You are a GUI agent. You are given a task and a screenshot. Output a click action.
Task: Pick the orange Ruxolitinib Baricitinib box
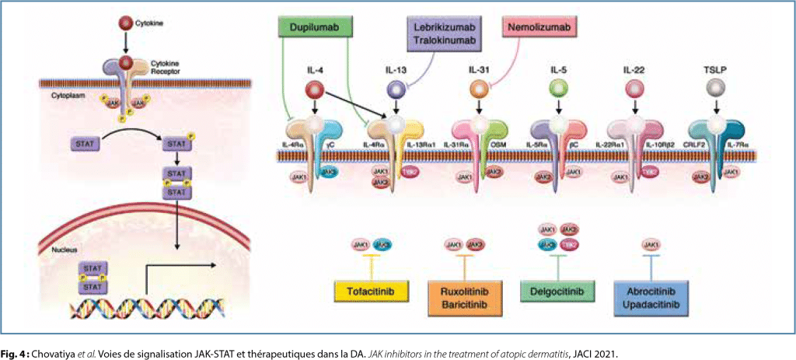tap(463, 296)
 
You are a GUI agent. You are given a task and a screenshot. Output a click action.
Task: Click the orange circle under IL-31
tap(477, 91)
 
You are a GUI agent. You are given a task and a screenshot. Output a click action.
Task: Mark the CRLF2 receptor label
tap(694, 145)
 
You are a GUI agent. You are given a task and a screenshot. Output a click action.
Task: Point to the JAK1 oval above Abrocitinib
tap(651, 245)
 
